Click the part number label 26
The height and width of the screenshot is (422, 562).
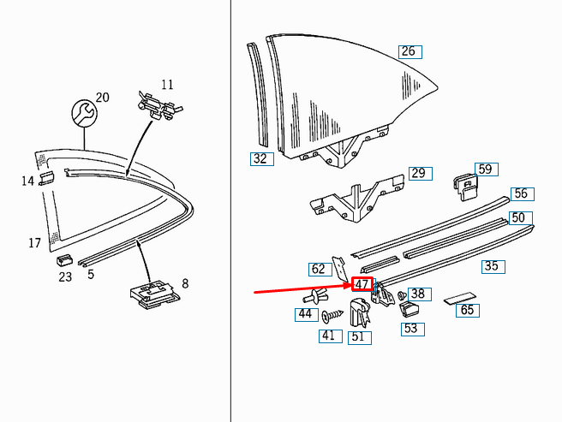coord(408,51)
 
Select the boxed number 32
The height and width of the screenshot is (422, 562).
coord(260,158)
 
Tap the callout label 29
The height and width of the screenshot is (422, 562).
coord(417,174)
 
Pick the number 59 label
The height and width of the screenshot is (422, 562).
coord(485,169)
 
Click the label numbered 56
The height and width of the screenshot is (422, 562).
coord(521,194)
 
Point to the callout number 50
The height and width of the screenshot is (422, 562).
coord(518,218)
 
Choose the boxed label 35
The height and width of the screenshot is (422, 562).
coord(491,266)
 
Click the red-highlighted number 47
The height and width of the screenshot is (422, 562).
coord(362,284)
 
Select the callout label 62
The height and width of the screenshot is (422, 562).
coord(319,269)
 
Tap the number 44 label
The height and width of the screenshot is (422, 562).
coord(305,314)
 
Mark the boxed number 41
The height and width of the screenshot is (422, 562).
coord(328,336)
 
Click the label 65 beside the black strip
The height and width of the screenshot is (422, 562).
coord(467,311)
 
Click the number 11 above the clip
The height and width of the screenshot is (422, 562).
coord(167,85)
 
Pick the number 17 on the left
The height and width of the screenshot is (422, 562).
coord(34,243)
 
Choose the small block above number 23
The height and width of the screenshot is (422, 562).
coord(64,259)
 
